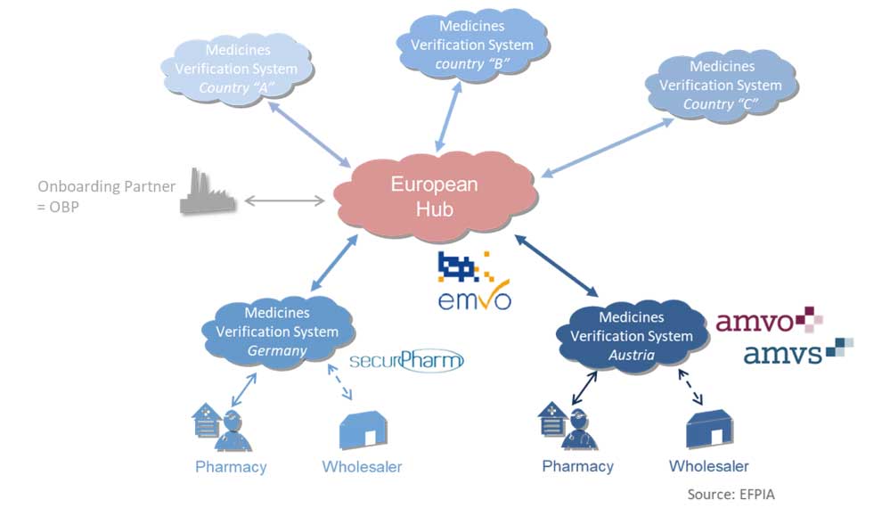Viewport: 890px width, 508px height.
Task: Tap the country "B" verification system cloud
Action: pos(472,45)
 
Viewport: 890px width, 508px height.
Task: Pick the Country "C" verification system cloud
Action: pos(722,86)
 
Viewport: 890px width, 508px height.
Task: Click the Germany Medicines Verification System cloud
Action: pos(277,332)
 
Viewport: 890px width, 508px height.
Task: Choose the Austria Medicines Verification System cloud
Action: pos(631,336)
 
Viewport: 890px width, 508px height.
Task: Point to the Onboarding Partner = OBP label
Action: pos(106,196)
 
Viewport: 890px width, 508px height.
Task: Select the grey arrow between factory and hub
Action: pos(284,201)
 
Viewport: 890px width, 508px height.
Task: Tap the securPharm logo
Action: pos(406,360)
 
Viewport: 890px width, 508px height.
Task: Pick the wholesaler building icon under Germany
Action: pos(363,430)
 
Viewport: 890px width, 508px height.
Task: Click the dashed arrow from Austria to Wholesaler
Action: pos(684,387)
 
